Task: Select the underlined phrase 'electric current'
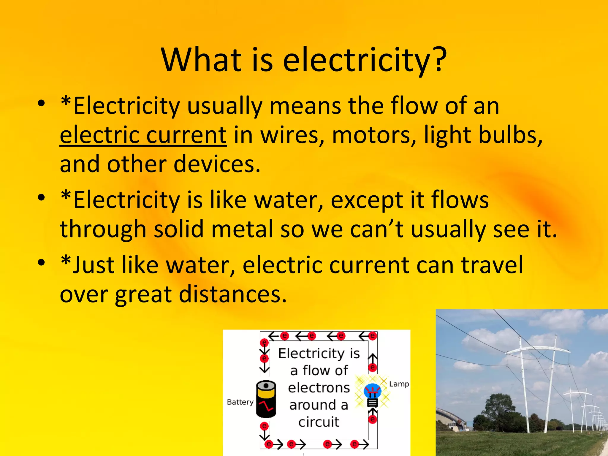click(x=143, y=135)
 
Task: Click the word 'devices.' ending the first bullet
click(x=217, y=164)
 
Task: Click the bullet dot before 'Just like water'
click(x=41, y=262)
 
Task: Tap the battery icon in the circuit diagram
click(x=266, y=399)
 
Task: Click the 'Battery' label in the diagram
click(x=240, y=402)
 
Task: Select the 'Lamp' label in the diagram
click(x=399, y=384)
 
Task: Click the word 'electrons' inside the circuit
click(x=319, y=388)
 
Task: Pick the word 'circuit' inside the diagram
click(x=319, y=422)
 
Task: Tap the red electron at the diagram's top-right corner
click(x=373, y=336)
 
